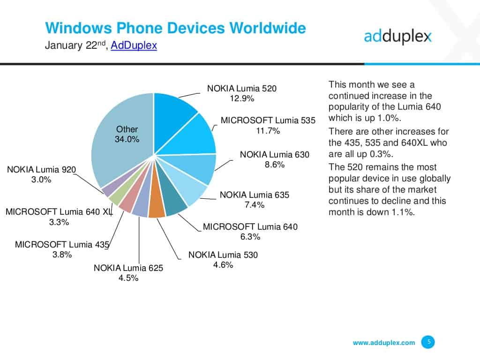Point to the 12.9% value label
click(242, 98)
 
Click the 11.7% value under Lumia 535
click(268, 131)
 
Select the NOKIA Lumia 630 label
click(275, 154)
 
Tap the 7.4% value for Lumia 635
click(255, 205)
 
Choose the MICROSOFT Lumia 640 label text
click(250, 227)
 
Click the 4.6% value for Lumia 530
click(223, 266)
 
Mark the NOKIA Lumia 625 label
click(128, 268)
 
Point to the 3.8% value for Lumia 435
click(62, 255)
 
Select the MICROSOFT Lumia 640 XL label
click(59, 212)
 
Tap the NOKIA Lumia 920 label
click(41, 169)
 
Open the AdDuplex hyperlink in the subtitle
click(134, 45)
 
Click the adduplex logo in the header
click(397, 36)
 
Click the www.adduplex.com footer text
click(384, 343)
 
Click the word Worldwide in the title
click(268, 28)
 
